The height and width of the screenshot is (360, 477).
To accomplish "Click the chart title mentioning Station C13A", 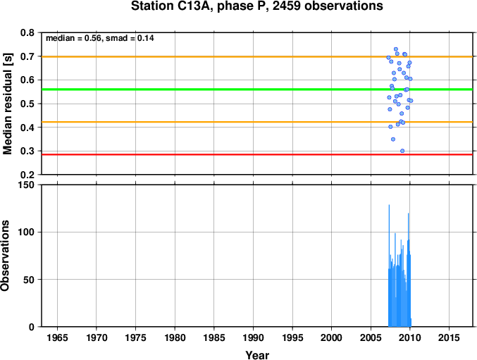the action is point(256,6).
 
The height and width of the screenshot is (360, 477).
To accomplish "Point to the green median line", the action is point(257,89).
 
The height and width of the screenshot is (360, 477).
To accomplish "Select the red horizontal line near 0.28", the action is point(257,154).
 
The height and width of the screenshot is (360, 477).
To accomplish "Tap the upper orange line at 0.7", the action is point(257,56).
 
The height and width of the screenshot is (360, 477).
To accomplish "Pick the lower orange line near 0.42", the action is point(257,122).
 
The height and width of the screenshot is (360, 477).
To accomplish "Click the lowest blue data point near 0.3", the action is point(402,151).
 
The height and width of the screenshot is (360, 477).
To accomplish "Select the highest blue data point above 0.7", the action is point(396,49).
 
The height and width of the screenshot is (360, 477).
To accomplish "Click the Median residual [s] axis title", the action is point(7,104).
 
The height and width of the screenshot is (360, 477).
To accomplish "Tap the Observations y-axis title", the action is point(5,256).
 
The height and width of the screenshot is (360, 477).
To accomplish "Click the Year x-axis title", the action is point(257,355).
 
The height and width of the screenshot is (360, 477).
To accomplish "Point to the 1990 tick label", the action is point(253,337).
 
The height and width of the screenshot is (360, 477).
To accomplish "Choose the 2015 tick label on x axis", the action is point(449,337).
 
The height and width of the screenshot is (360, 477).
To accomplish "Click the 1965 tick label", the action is point(57,337).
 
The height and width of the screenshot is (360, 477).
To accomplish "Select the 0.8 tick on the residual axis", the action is point(27,32).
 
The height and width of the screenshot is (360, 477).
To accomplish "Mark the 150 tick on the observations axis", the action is point(27,185).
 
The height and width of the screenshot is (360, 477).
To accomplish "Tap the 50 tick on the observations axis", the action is point(29,280).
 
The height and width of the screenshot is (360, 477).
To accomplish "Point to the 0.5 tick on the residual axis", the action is point(27,104).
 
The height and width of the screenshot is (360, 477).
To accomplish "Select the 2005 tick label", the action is point(371,337).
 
